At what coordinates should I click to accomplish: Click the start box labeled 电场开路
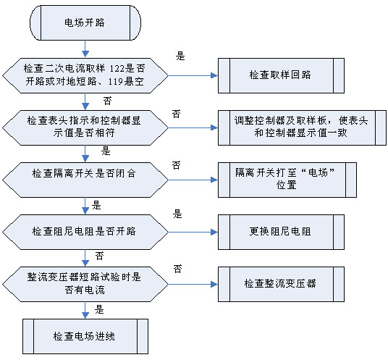[85, 22]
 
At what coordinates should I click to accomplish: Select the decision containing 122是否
[85, 76]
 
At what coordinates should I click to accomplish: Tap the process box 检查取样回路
[281, 76]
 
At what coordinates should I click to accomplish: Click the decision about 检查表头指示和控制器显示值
[85, 127]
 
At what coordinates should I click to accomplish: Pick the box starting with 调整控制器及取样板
[302, 127]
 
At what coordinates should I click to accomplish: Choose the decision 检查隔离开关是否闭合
[85, 180]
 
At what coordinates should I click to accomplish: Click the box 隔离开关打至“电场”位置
[287, 180]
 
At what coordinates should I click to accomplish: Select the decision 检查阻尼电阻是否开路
[85, 233]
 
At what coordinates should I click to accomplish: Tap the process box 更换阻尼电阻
[281, 233]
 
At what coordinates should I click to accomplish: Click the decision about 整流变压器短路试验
[85, 284]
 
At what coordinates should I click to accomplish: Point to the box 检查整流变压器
[281, 284]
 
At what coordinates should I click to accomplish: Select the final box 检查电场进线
[85, 337]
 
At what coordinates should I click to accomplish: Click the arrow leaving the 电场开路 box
[85, 49]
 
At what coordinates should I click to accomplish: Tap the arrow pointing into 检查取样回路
[193, 75]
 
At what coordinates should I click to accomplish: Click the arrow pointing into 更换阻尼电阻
[193, 233]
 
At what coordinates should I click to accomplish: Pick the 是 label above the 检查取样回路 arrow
[180, 56]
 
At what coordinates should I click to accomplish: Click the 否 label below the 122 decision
[107, 101]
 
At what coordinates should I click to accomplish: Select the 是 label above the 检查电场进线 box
[99, 309]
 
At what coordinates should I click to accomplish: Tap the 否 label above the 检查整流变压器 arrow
[177, 269]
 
